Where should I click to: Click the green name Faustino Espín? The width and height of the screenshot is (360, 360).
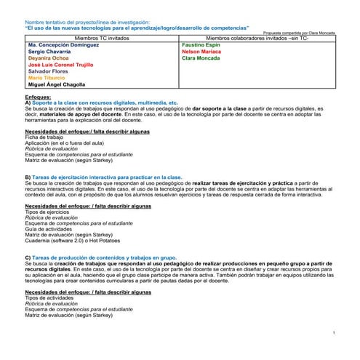coord(201,44)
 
